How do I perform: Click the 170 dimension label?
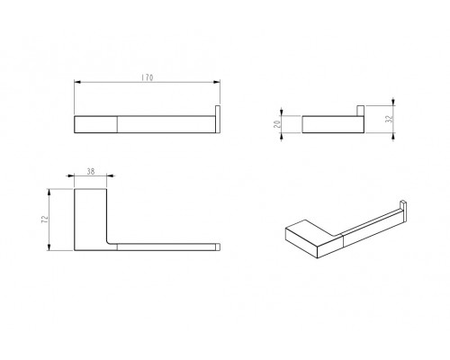coord(148,77)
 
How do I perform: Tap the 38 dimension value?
coord(91,171)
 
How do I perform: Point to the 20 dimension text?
coord(277,124)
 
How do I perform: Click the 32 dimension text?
coord(390,119)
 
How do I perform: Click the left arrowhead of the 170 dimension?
coord(77,82)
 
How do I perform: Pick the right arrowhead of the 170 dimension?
coord(217,82)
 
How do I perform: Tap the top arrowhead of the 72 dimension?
coord(49,193)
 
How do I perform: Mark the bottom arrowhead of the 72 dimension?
coord(49,247)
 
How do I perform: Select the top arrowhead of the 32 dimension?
coord(393,102)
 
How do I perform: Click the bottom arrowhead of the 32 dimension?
coord(393,137)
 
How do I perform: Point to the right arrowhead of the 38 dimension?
coord(111,176)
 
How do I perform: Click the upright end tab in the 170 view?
coord(218,119)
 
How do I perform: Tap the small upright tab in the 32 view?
coord(360,111)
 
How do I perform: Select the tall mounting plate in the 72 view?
coord(90,220)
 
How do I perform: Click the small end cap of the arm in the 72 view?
coord(218,247)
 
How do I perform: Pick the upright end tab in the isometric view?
coord(404,211)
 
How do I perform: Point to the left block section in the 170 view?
coord(95,124)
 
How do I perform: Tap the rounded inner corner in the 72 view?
coord(109,241)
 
